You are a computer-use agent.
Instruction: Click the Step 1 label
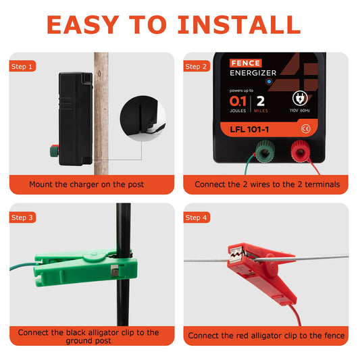22,66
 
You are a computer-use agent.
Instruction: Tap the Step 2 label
196,66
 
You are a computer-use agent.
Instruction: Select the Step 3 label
22,217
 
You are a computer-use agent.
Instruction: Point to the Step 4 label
196,217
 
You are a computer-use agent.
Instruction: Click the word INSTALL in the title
239,25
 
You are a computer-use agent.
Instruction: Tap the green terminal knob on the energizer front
265,151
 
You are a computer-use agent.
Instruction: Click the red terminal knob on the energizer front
301,151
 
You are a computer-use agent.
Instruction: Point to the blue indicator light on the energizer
269,81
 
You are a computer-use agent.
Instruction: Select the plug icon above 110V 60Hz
300,99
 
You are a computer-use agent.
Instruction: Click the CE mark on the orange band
305,129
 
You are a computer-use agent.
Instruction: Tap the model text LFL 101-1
249,130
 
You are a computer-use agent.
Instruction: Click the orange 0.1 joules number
238,101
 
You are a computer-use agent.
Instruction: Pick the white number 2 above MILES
261,101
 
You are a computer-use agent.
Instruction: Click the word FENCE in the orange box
245,63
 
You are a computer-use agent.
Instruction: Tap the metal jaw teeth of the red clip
236,254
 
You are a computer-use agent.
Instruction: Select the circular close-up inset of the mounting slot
143,118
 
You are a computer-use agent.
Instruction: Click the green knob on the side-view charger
54,151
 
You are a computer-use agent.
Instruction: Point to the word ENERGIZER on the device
253,73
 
